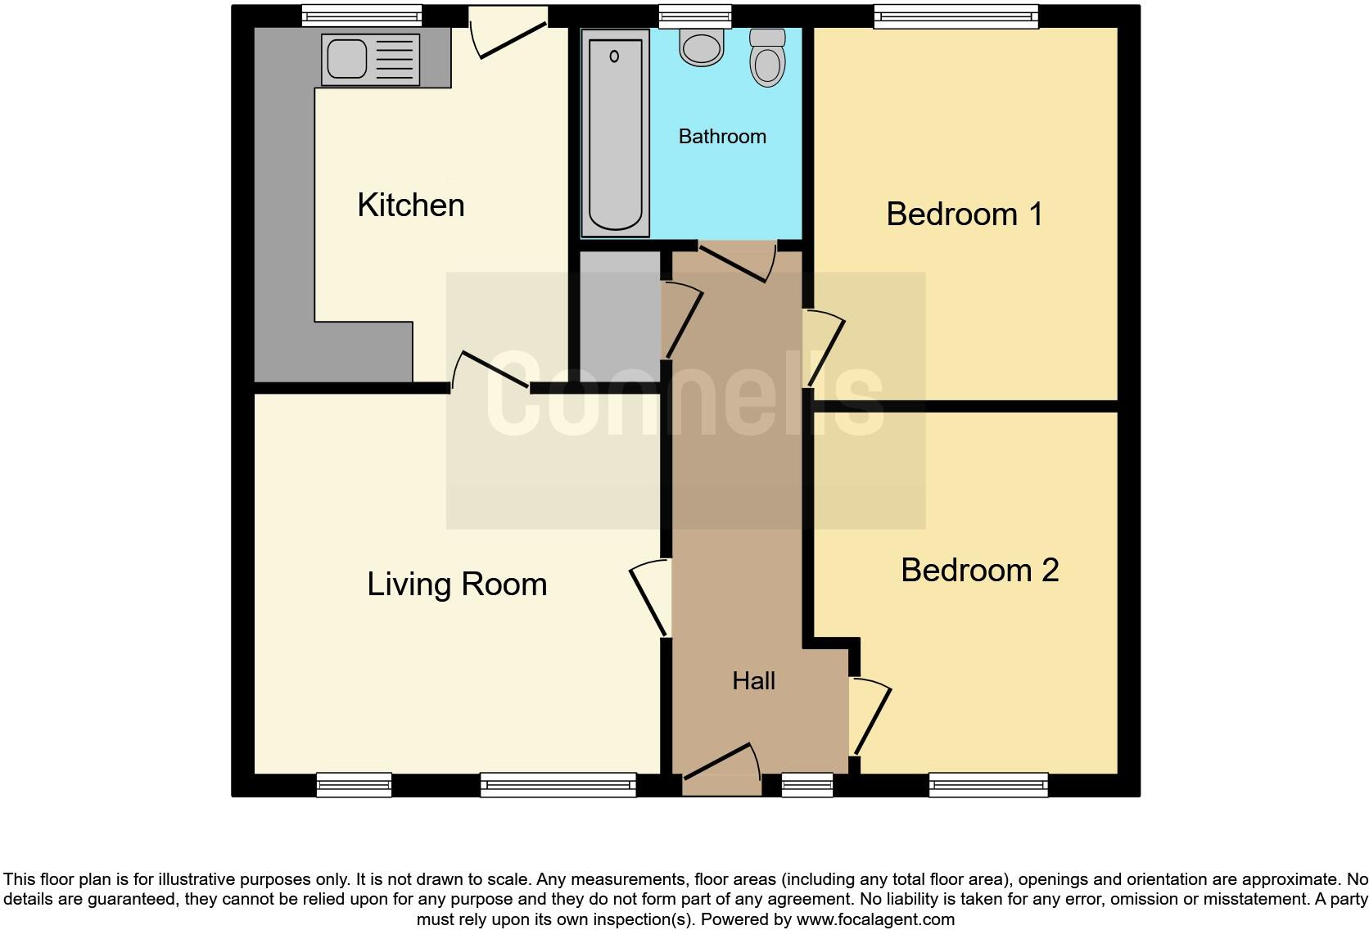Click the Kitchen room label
410,205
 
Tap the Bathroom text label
722,136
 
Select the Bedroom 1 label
964,214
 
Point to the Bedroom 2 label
979,570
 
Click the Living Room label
456,584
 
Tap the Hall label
753,680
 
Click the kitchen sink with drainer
370,60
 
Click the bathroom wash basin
702,47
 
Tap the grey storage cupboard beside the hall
620,316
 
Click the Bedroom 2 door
870,716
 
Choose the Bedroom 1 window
956,16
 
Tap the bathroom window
694,16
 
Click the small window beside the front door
806,785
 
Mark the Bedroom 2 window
988,785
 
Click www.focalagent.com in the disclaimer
875,919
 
